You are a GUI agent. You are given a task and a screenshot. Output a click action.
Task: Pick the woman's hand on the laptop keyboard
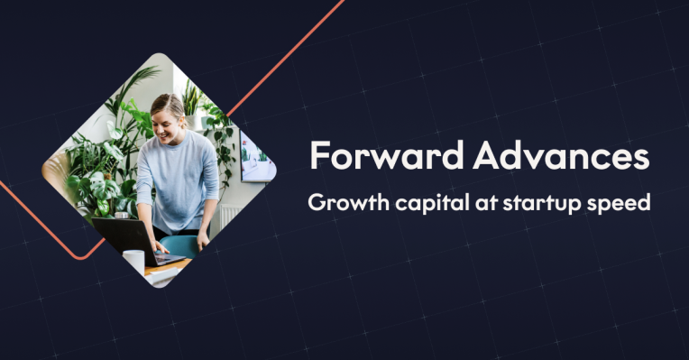(161, 245)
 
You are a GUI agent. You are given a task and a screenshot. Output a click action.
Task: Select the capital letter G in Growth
(316, 203)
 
